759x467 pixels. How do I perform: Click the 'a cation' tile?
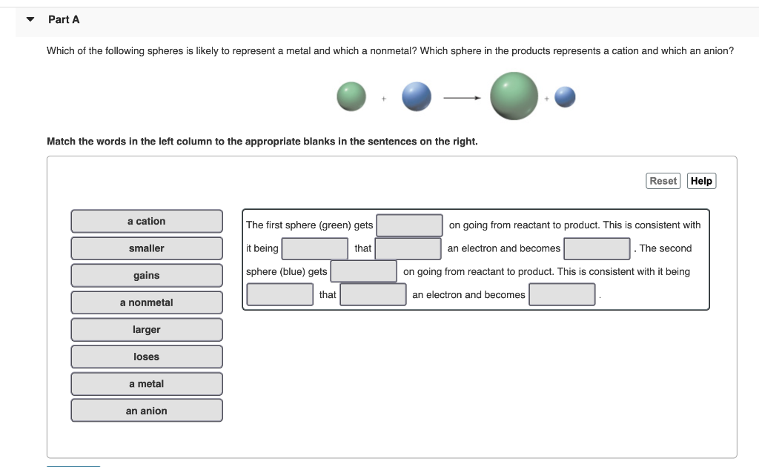[147, 221]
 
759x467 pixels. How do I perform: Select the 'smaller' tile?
[147, 248]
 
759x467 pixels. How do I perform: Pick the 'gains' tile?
[147, 275]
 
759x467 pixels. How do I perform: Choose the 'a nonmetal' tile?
[147, 302]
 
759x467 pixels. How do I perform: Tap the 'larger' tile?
[147, 330]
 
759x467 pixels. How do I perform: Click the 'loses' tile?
[147, 357]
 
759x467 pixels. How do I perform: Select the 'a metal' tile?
[147, 384]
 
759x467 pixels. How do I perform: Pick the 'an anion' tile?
[147, 411]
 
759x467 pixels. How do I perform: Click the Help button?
[701, 181]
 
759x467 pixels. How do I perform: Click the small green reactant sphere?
[351, 96]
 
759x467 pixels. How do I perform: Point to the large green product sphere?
[514, 96]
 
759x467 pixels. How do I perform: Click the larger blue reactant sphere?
[417, 96]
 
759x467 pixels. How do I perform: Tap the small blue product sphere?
[565, 96]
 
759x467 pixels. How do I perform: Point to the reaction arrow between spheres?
[463, 97]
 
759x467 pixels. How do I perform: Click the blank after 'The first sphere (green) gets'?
[409, 225]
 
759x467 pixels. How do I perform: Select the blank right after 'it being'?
[315, 248]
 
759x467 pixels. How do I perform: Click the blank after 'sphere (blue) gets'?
[363, 271]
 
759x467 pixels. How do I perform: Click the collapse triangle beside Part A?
[30, 19]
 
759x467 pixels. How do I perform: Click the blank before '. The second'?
[597, 248]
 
